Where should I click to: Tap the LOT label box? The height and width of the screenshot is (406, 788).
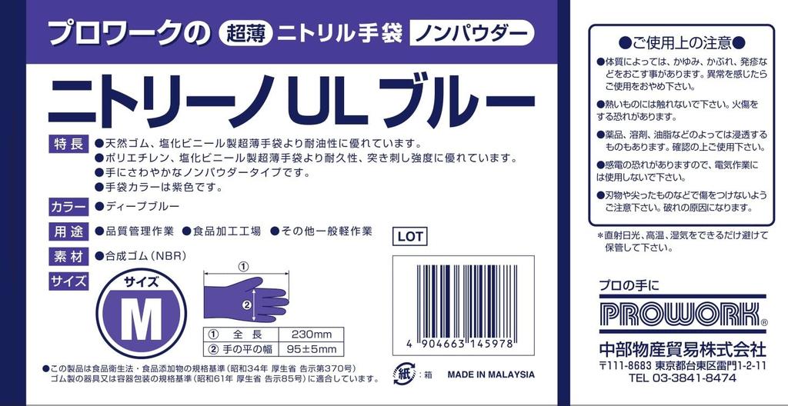pyautogui.click(x=409, y=237)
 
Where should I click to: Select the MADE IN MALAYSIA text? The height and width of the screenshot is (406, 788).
pyautogui.click(x=490, y=374)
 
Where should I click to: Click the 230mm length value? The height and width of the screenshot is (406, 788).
pyautogui.click(x=311, y=334)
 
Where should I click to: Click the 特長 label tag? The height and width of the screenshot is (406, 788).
pyautogui.click(x=68, y=144)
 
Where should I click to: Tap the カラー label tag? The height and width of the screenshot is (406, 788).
pyautogui.click(x=68, y=207)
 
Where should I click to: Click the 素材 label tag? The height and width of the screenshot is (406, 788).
pyautogui.click(x=68, y=256)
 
